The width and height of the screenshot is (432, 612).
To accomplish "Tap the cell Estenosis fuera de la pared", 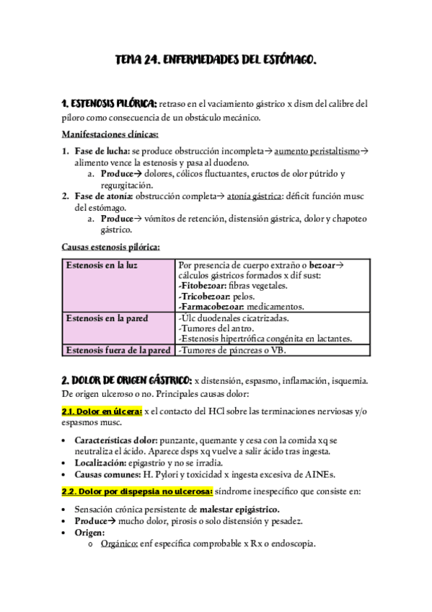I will pyautogui.click(x=118, y=350).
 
